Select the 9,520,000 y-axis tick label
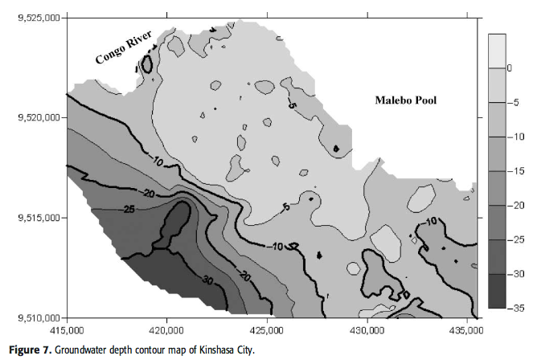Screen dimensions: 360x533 [x=39, y=118]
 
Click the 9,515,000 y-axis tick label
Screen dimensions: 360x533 [x=39, y=218]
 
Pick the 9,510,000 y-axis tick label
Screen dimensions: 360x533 [x=39, y=317]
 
